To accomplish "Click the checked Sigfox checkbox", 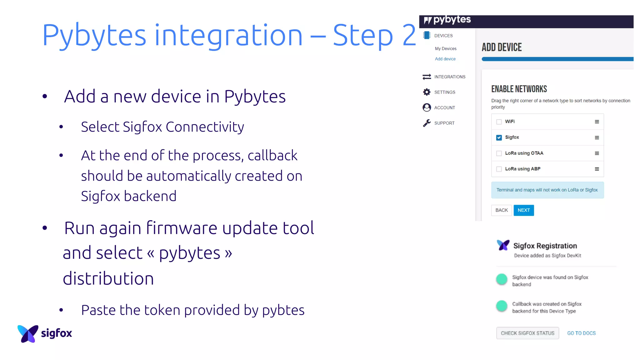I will pos(499,137).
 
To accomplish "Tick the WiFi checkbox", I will pos(499,122).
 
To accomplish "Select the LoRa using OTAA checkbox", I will pos(499,153).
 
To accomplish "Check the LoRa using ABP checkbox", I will pos(499,169).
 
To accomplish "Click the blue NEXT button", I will pos(523,210).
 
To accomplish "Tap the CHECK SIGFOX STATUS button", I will pos(527,333).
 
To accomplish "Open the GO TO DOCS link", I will pos(581,333).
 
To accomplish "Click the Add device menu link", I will pos(445,59).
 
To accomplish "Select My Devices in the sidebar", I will pos(446,48).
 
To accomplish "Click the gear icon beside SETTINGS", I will pos(427,92).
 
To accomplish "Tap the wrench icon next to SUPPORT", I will pos(427,123).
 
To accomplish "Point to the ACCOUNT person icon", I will pos(427,107).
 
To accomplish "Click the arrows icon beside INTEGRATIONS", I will pos(427,77).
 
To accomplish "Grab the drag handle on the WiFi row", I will pos(597,122).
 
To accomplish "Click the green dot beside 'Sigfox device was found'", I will pos(502,279).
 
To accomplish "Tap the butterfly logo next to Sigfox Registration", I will pos(503,245).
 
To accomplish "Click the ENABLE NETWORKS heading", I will pos(519,89).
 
